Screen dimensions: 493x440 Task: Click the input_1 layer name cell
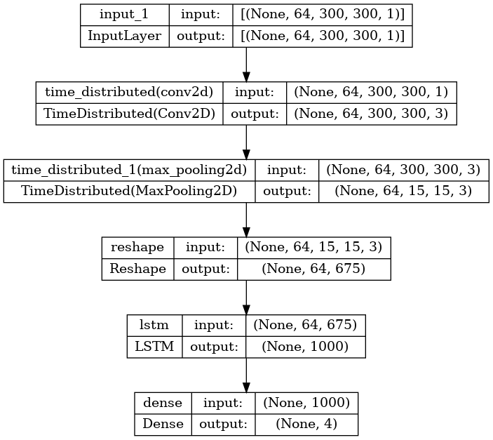point(124,15)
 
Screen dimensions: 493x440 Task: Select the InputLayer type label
point(125,36)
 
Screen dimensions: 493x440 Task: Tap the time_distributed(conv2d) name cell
point(129,92)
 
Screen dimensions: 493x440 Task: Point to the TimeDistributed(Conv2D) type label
point(129,114)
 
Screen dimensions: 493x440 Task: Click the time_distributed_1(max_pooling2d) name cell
point(129,170)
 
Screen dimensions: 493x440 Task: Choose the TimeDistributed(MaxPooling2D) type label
point(129,191)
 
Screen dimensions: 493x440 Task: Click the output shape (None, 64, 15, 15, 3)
point(403,191)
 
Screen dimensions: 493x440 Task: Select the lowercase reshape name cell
point(137,248)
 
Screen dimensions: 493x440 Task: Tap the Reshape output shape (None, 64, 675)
point(313,269)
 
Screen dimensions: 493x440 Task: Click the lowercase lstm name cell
point(154,325)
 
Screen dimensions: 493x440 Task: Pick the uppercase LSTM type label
point(154,347)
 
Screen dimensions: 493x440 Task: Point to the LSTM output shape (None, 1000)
point(305,347)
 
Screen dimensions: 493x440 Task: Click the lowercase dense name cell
point(163,403)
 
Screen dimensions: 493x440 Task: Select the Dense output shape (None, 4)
point(306,425)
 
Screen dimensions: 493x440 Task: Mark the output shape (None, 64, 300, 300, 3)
point(371,114)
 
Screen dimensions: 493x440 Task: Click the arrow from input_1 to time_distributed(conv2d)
point(246,65)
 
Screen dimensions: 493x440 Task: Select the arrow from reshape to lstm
point(246,298)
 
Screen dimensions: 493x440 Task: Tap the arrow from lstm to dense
point(246,375)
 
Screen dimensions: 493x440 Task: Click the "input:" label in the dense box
point(223,403)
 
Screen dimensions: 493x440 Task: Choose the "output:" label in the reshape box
point(205,269)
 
